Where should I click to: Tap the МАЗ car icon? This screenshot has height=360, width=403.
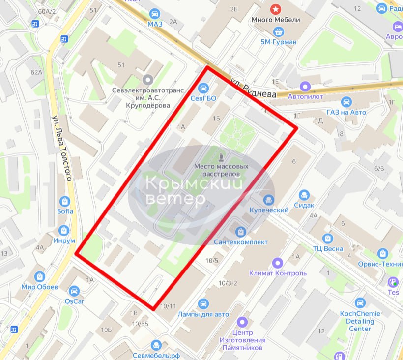(155, 13)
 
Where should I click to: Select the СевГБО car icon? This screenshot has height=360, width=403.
(203, 88)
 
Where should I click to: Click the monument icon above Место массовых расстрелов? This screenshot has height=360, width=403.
(221, 157)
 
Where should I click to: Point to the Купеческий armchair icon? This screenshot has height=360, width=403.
(268, 200)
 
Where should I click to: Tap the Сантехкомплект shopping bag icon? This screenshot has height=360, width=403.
(240, 231)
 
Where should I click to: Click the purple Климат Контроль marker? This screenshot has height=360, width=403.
(278, 263)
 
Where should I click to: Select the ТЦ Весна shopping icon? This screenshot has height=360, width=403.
(328, 238)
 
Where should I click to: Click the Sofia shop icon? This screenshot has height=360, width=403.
(64, 201)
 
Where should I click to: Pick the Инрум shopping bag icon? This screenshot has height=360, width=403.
(64, 230)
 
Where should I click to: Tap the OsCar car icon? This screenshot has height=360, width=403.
(74, 291)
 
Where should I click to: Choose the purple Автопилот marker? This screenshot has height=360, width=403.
(306, 87)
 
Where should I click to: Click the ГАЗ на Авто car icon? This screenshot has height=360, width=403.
(346, 102)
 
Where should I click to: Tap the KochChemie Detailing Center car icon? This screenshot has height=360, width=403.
(360, 303)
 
